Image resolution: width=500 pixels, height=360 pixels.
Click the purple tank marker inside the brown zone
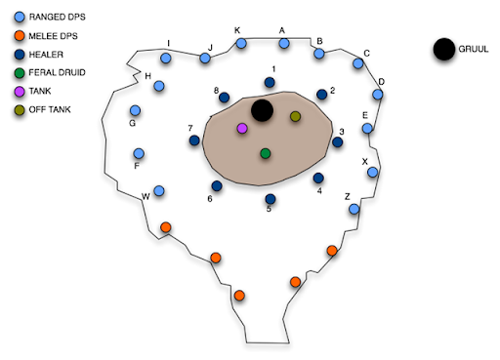[x=242, y=128]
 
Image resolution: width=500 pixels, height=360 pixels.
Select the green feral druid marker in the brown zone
[x=266, y=153]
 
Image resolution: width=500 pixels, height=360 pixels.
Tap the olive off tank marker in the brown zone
[x=295, y=116]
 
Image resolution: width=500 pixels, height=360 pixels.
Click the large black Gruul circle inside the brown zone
[x=262, y=110]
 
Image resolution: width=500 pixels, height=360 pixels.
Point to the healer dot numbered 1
[x=270, y=82]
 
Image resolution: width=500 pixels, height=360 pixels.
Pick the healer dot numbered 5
[x=271, y=199]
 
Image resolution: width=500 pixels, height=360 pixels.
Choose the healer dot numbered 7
[x=194, y=140]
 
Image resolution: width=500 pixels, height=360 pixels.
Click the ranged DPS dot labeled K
[x=241, y=43]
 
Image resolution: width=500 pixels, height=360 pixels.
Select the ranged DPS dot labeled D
[x=378, y=95]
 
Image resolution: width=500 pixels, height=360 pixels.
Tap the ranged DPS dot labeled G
[x=135, y=110]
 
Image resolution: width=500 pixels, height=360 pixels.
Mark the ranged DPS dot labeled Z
[x=354, y=209]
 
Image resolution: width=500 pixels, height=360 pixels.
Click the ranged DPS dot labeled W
[x=159, y=190]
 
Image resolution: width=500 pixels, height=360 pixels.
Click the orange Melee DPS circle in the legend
[x=20, y=35]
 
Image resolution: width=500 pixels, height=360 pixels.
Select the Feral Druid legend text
[x=57, y=72]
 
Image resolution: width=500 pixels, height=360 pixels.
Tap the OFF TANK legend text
[x=50, y=109]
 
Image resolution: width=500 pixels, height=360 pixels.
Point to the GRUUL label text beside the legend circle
[x=474, y=49]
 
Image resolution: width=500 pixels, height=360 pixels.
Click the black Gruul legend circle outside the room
[x=444, y=49]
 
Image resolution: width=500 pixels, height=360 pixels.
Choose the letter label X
[x=365, y=161]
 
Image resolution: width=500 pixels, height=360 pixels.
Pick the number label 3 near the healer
[x=342, y=132]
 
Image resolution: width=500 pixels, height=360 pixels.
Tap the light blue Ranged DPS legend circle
[x=20, y=17]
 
